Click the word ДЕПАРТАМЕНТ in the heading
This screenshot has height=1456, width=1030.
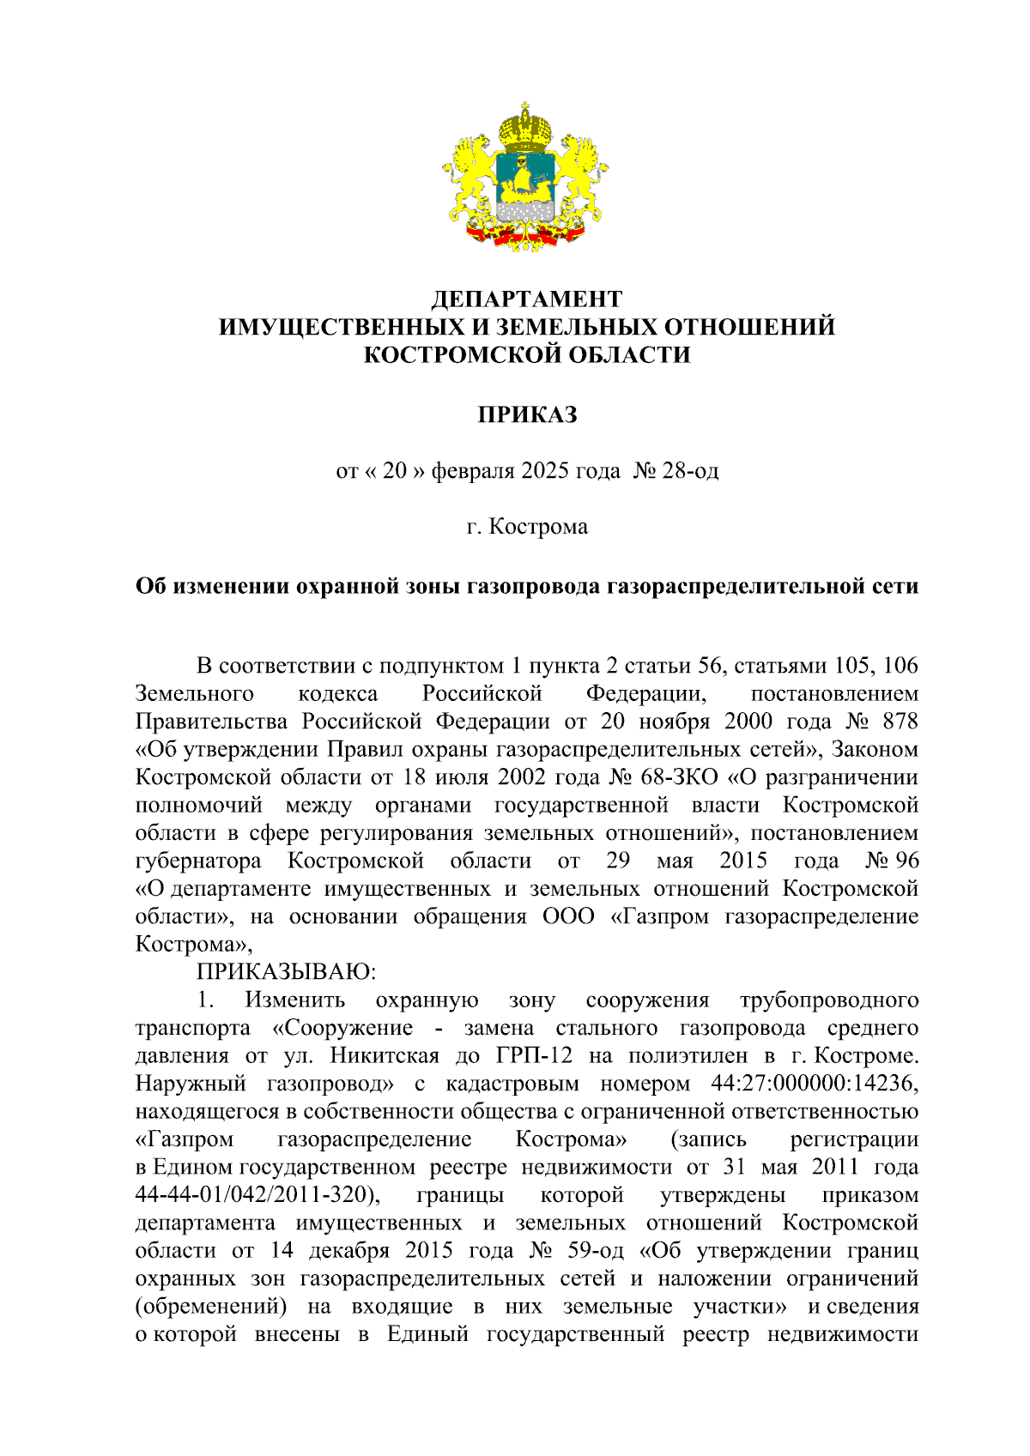(x=526, y=299)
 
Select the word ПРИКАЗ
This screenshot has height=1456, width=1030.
(x=526, y=414)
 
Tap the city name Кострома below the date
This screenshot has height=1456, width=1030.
(x=538, y=526)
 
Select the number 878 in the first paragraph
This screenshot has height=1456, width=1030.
(x=900, y=721)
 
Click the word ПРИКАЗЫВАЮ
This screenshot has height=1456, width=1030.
(x=287, y=972)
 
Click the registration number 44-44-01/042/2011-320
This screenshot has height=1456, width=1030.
(x=257, y=1195)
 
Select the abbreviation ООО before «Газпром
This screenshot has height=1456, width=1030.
(x=568, y=916)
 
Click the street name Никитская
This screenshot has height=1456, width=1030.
(x=385, y=1055)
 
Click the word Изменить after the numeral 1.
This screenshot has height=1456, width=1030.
(x=295, y=1000)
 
